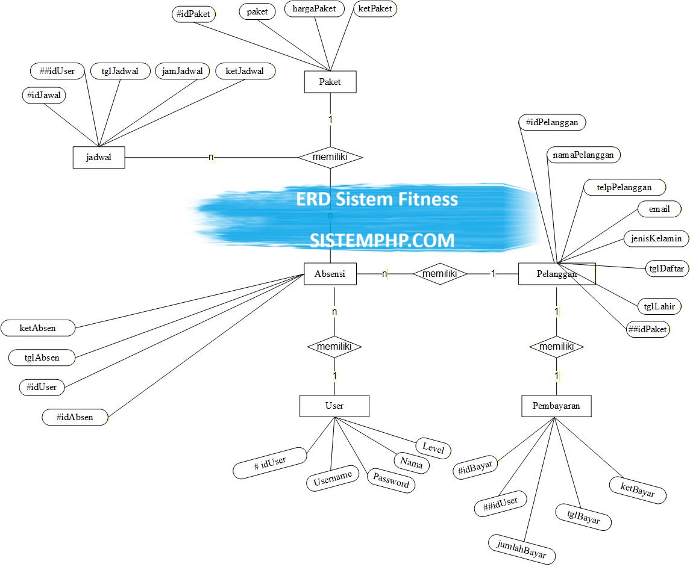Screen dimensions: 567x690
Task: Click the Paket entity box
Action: coord(330,82)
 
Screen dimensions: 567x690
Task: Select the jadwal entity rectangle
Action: coord(99,158)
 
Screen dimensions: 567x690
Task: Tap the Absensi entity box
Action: coord(330,274)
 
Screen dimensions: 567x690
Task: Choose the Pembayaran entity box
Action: coord(556,406)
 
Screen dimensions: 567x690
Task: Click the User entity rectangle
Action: coord(334,406)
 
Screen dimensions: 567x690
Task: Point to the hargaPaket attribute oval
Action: coord(314,9)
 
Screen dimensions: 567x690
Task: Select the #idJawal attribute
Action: coord(44,95)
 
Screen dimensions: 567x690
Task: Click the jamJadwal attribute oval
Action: coord(182,71)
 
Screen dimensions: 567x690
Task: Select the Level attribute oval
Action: coord(433,448)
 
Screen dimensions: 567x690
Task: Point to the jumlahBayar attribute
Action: coord(522,548)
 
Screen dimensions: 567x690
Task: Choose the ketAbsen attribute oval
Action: coord(38,328)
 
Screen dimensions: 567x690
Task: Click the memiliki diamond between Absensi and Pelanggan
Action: coord(440,274)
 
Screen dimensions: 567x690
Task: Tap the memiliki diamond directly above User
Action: coord(334,347)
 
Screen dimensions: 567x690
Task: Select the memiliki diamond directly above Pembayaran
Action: coord(556,347)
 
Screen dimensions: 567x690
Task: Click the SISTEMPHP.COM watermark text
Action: coord(382,240)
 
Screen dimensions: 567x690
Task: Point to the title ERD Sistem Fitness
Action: coord(377,199)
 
